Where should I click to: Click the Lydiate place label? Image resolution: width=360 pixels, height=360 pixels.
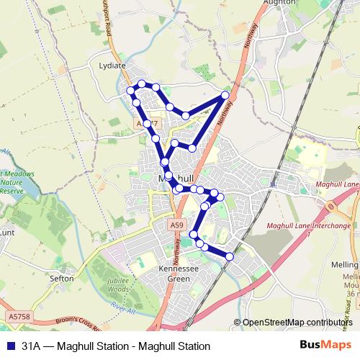click(112, 66)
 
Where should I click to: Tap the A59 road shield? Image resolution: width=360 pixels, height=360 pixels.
click(177, 225)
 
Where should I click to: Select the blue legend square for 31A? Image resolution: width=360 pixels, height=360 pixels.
click(9, 346)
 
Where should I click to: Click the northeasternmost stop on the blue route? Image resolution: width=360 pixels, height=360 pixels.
click(225, 95)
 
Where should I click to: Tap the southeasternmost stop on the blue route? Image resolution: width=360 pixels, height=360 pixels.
click(230, 256)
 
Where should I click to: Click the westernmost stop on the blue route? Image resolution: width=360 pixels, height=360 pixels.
click(130, 90)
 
